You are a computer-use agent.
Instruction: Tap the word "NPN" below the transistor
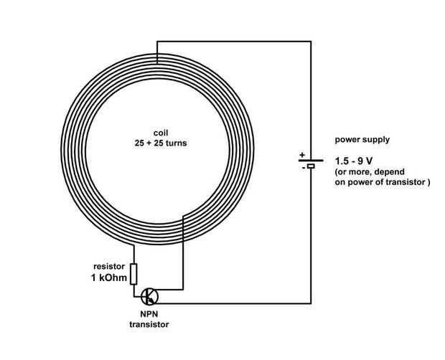(x=150, y=314)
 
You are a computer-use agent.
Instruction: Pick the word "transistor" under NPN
(x=151, y=324)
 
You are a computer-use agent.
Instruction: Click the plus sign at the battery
(x=301, y=154)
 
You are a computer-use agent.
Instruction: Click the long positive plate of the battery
(x=311, y=159)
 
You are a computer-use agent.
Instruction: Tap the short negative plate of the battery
(x=311, y=166)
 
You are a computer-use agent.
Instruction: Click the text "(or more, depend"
(x=370, y=173)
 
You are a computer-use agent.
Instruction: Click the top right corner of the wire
(x=311, y=42)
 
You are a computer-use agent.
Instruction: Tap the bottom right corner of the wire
(x=311, y=303)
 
